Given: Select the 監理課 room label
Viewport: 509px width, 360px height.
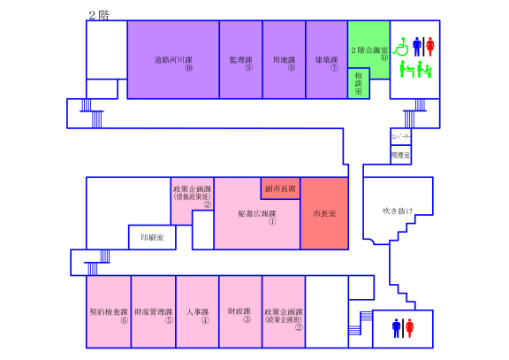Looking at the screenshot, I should click(240, 60).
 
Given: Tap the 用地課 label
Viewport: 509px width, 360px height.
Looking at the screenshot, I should click(284, 60).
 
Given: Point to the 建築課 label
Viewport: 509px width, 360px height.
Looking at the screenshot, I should click(327, 60).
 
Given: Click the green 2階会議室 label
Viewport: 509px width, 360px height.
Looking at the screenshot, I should click(369, 50).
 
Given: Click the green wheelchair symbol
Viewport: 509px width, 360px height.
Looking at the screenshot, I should click(401, 45).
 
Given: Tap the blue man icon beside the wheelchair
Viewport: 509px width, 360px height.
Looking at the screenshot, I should click(417, 46).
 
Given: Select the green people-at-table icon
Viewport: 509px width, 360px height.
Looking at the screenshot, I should click(414, 68).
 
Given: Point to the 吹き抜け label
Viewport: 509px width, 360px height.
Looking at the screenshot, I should click(397, 211).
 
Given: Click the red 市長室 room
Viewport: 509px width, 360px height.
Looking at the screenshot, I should click(324, 214).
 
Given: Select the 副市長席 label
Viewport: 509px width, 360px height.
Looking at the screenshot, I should click(280, 188).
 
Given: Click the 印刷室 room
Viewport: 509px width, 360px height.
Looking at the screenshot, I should click(153, 237).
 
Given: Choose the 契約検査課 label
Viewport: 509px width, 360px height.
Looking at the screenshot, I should click(110, 312).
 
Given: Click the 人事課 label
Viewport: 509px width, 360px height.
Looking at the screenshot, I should click(197, 312).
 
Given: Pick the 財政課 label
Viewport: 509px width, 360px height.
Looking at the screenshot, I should click(240, 312).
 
